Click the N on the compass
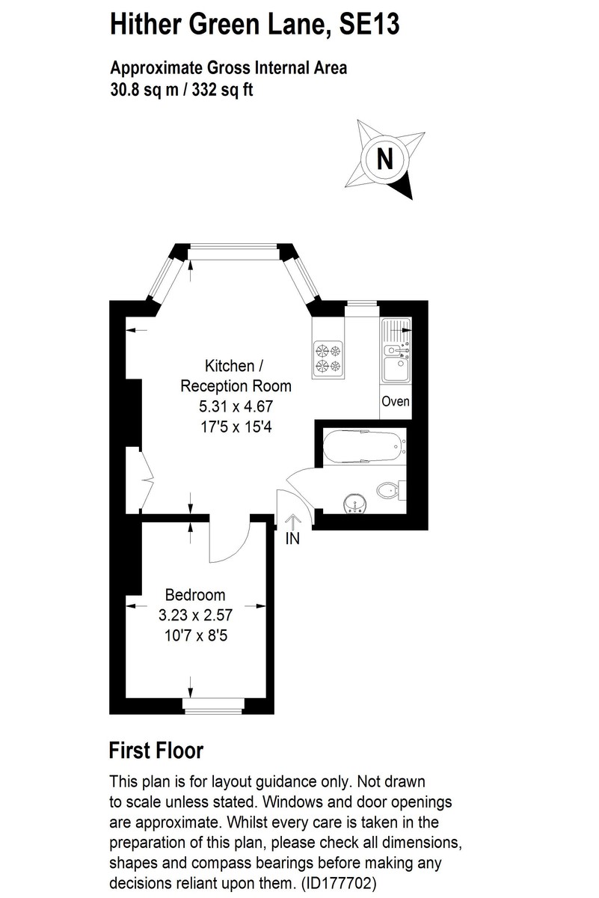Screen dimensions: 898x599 click(384, 159)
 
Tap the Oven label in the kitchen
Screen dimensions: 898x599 click(396, 401)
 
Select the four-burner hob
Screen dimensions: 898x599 click(328, 357)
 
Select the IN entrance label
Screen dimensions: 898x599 click(292, 538)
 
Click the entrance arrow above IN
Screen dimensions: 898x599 click(292, 521)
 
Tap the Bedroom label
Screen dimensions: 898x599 click(195, 595)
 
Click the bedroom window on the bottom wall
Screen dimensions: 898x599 click(213, 703)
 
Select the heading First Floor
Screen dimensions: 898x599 click(156, 750)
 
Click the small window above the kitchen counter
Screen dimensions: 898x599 click(360, 303)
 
